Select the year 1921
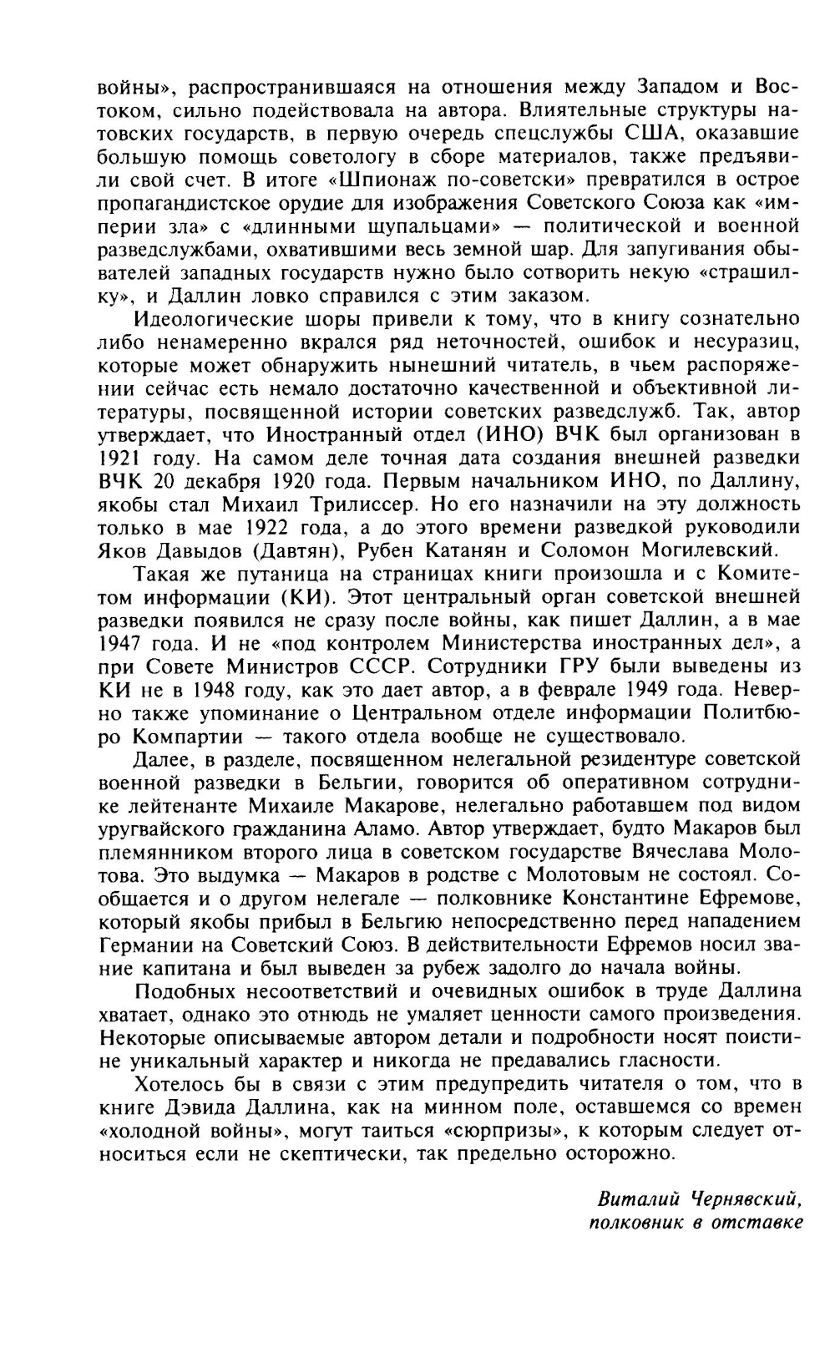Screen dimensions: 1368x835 coord(111,458)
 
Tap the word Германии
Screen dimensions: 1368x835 coord(147,945)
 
